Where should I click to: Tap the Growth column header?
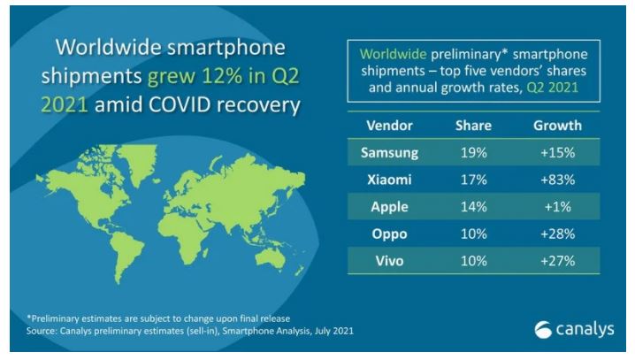coord(557,126)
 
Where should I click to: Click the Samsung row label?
coord(389,153)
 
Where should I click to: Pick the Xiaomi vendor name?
coord(389,180)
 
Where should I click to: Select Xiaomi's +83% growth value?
coord(557,180)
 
